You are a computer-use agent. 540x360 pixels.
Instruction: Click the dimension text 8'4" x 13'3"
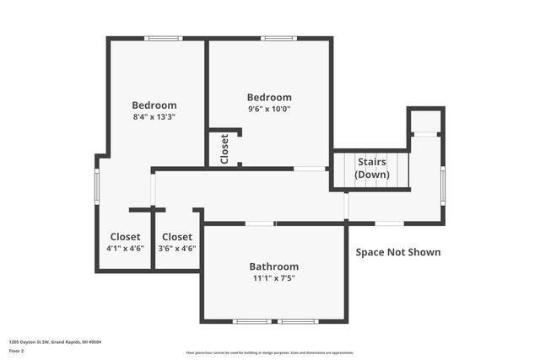coord(154,117)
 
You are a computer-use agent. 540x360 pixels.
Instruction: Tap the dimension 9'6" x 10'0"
coord(269,109)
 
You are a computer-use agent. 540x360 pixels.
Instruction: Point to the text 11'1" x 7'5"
coord(274,278)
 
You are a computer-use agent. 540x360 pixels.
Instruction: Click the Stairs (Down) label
coord(372,168)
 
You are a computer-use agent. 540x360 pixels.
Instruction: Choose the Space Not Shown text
coord(397,252)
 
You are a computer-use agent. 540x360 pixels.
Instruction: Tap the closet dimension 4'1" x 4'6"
coord(125,249)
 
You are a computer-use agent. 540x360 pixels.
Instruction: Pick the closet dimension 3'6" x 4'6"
coord(177,249)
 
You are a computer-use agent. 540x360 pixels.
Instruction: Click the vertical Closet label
coord(224,149)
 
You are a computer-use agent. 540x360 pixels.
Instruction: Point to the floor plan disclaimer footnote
coord(269,352)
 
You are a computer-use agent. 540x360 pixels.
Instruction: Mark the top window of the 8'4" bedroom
coord(163,38)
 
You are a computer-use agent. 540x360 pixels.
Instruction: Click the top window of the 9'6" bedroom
coord(277,38)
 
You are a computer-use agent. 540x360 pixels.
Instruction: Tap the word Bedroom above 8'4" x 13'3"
coord(154,105)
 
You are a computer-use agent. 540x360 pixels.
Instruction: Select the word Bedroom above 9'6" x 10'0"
coord(269,97)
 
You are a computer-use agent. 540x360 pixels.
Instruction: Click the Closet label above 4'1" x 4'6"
coord(125,237)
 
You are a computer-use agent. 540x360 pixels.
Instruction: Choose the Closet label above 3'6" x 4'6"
coord(177,237)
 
